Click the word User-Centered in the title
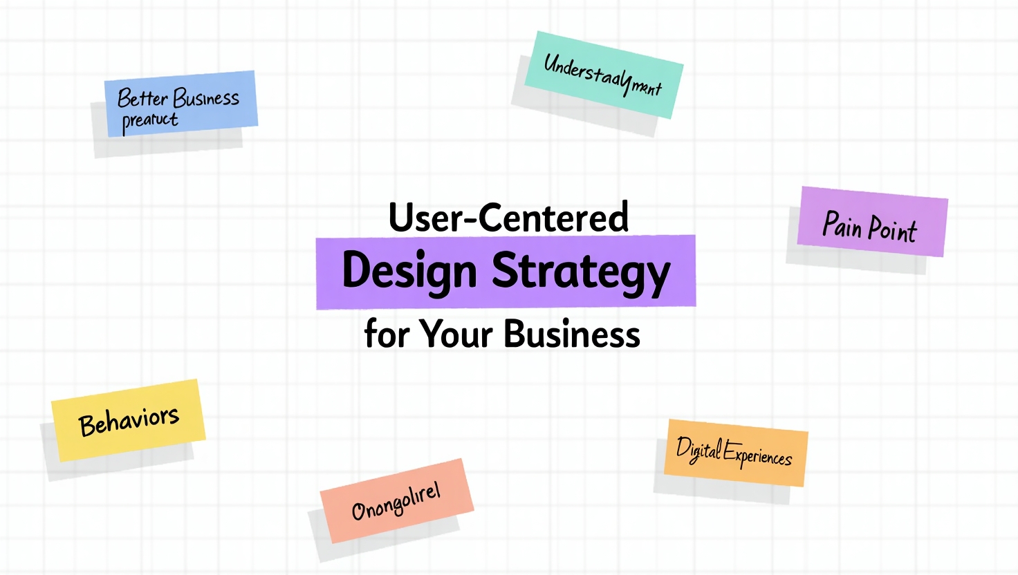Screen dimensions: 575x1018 508,217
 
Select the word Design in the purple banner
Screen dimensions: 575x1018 409,271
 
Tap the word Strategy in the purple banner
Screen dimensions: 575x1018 581,271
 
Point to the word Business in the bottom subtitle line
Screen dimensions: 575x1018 571,334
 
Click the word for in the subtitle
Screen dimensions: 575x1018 386,334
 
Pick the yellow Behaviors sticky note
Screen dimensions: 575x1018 129,420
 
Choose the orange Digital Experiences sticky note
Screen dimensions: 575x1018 736,453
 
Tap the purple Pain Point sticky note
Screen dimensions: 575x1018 872,222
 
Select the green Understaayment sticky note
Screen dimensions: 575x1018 604,75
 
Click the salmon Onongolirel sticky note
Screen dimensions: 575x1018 397,500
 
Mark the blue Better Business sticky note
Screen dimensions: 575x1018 181,104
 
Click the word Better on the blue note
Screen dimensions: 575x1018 142,98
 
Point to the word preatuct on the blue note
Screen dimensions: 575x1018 150,121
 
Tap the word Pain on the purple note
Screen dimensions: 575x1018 842,224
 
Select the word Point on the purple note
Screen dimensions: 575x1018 892,229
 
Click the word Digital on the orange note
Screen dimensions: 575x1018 698,450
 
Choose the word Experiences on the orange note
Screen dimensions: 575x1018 758,455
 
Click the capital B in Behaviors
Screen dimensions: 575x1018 87,425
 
